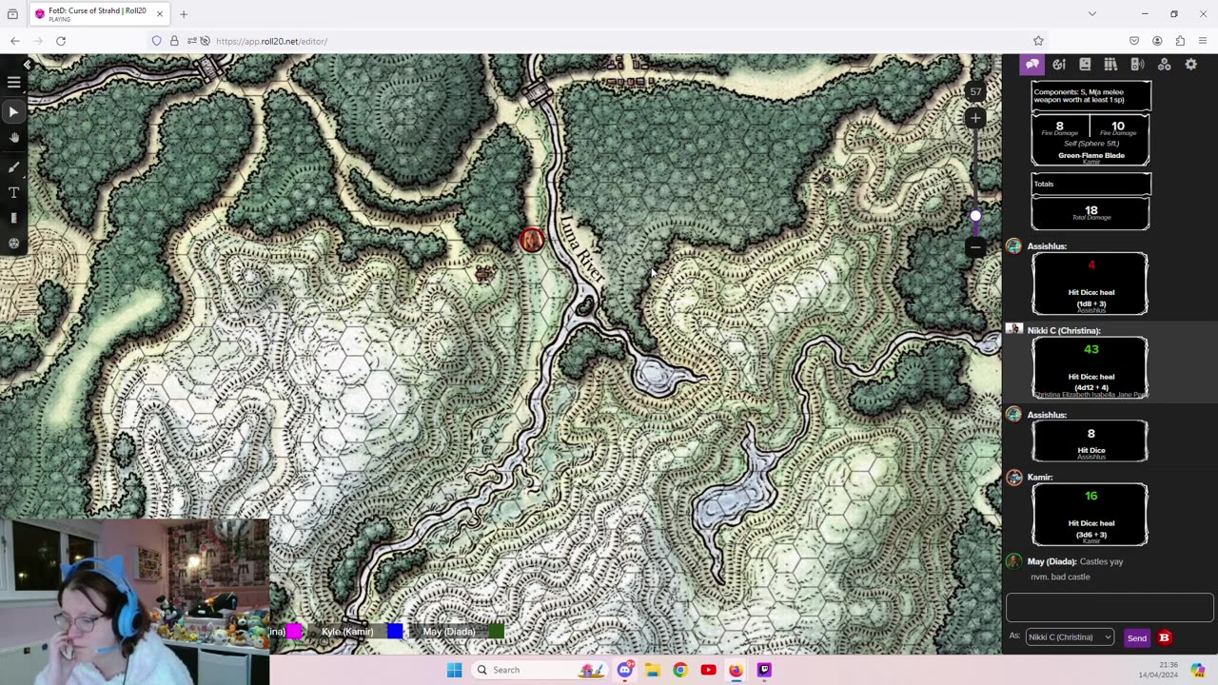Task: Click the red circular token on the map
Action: coord(532,240)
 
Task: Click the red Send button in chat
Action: coord(1136,637)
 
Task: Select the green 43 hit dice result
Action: coord(1090,349)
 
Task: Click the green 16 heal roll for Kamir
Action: coord(1090,496)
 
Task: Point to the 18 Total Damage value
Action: coord(1090,210)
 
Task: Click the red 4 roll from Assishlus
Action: coord(1090,265)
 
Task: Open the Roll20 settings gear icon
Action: coord(1190,64)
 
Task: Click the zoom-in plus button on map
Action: coord(975,118)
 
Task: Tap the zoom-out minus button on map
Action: coord(975,247)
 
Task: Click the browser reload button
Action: coord(61,41)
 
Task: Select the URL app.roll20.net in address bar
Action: coord(271,41)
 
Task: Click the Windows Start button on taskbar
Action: coord(454,670)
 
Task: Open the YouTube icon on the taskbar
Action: coord(708,670)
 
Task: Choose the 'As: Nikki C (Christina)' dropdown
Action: coord(1070,637)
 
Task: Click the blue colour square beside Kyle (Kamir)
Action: coord(395,631)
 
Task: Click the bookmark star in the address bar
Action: coord(1038,41)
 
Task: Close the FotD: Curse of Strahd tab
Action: coord(160,13)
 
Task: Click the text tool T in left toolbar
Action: coord(13,192)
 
